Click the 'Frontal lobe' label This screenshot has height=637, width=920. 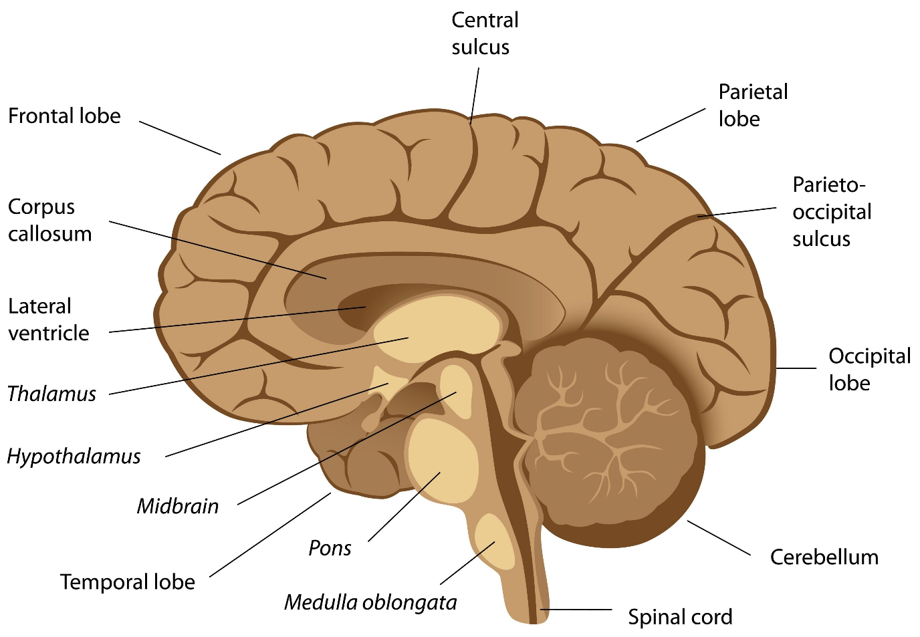(x=64, y=116)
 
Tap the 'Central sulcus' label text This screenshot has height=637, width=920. (x=484, y=33)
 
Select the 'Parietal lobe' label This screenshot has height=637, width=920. (x=752, y=105)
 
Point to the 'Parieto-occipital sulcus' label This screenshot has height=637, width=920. (x=831, y=211)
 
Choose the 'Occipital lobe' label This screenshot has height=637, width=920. (x=869, y=369)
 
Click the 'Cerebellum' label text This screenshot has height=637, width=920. (x=824, y=557)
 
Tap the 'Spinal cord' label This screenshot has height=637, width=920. (x=679, y=616)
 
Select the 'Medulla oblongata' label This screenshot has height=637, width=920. (x=370, y=602)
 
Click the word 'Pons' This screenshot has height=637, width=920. (x=330, y=548)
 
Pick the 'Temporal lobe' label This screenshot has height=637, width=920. (x=127, y=582)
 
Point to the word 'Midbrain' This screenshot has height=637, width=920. (x=178, y=506)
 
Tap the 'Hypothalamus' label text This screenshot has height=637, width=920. (x=74, y=457)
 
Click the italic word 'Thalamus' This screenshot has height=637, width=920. (x=51, y=394)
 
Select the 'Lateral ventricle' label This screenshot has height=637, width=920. (x=48, y=320)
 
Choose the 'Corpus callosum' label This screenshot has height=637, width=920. (x=49, y=220)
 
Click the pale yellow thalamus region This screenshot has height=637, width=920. (x=438, y=328)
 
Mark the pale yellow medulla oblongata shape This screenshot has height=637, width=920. (x=494, y=541)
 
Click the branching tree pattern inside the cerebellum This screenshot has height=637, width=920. (x=588, y=428)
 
